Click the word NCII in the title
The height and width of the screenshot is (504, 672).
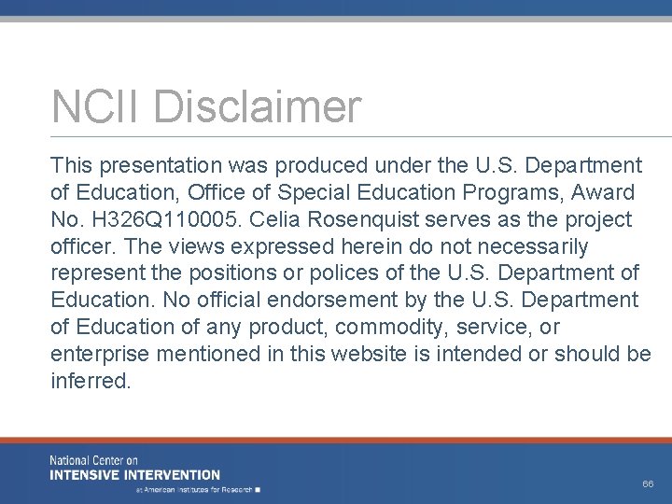[98, 106]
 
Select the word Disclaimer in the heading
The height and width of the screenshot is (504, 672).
[257, 106]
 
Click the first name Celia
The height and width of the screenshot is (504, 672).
[264, 220]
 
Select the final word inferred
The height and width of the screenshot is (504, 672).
[91, 382]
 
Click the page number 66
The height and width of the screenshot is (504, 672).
[648, 484]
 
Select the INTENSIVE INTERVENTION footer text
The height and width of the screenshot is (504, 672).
[135, 474]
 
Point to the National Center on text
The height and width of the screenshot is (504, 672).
[93, 461]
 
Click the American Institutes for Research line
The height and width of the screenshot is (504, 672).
[197, 489]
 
